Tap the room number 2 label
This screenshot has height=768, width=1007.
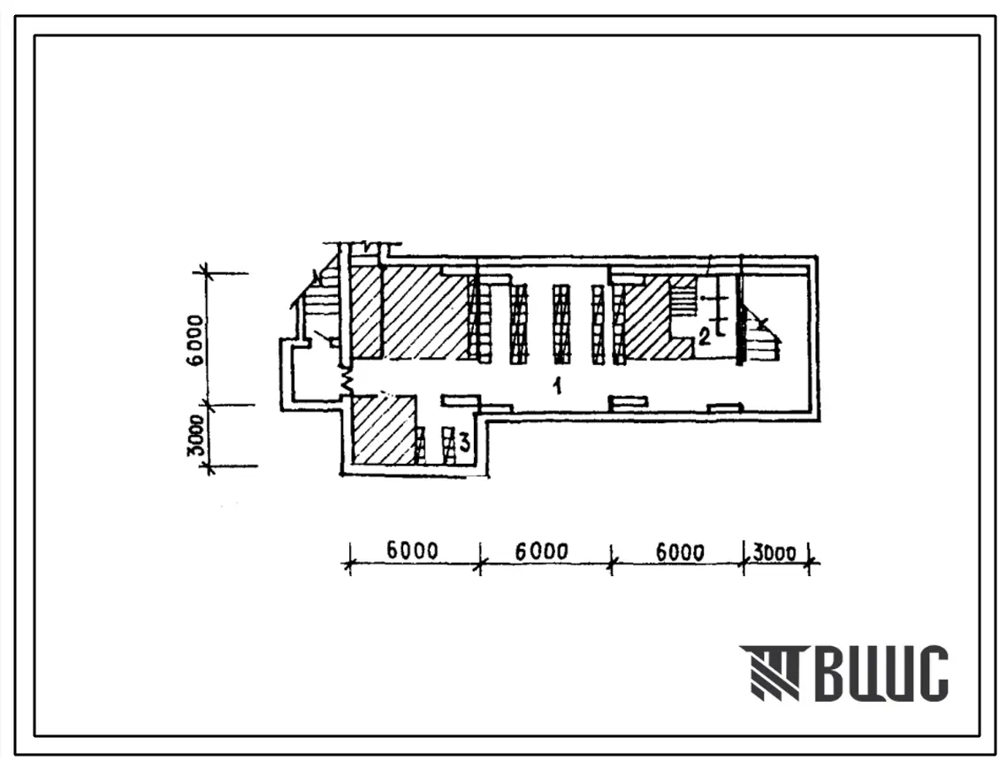tap(705, 337)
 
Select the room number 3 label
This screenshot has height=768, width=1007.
tap(463, 442)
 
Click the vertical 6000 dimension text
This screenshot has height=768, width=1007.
tap(197, 339)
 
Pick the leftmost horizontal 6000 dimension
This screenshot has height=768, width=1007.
tap(412, 551)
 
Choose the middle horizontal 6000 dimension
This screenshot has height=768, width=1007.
tap(542, 551)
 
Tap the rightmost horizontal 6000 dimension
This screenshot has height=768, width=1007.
tap(680, 551)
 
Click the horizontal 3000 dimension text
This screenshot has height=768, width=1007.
tap(774, 552)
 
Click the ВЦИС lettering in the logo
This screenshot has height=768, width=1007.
tap(882, 673)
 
